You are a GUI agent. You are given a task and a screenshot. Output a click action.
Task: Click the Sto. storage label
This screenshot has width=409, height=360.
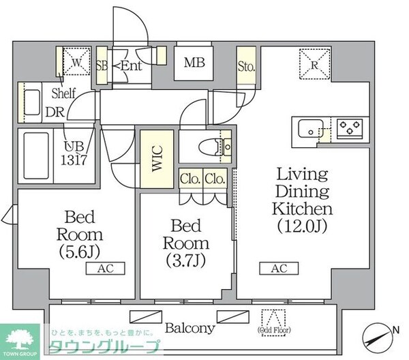246,67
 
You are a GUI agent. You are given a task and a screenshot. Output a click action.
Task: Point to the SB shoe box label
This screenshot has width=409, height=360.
102,65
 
